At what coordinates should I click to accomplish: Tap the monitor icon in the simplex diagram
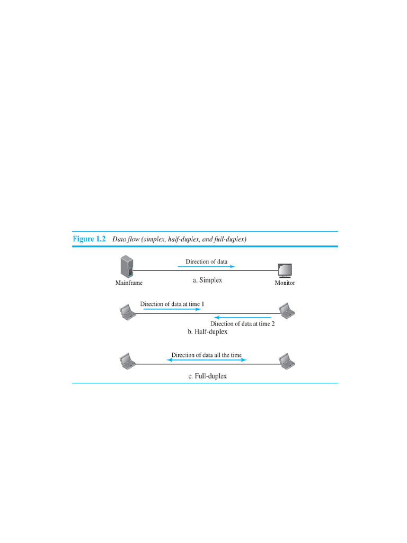[285, 270]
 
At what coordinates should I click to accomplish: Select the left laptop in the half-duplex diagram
[127, 312]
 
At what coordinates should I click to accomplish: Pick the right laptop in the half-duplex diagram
[286, 311]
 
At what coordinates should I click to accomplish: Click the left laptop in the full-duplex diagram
[127, 362]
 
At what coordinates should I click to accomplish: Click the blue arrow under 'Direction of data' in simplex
[206, 267]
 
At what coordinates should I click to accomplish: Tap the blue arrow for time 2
[243, 317]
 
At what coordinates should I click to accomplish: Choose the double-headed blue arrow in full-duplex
[207, 360]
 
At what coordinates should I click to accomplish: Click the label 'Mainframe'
[129, 283]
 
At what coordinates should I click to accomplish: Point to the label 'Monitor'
[285, 283]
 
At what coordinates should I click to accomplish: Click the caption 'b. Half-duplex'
[207, 332]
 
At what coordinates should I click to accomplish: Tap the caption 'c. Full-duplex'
[207, 376]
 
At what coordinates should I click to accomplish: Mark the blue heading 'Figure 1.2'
[90, 239]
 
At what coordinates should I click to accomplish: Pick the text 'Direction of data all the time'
[207, 355]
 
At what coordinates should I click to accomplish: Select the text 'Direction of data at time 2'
[243, 324]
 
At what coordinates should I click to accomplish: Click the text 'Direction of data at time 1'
[172, 304]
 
